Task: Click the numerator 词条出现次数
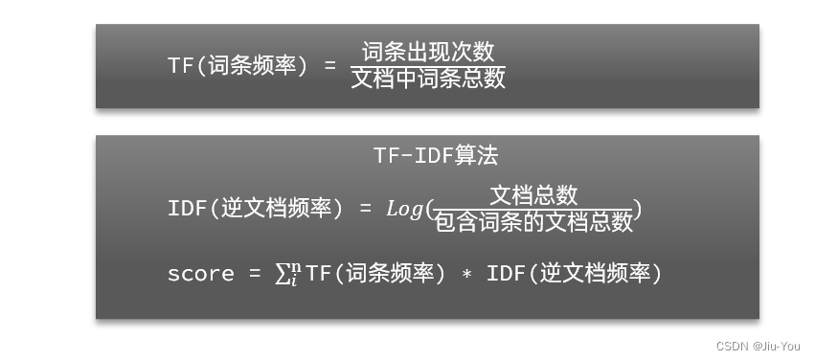(x=428, y=51)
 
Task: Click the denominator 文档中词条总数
(x=428, y=79)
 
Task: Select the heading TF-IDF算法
(x=436, y=155)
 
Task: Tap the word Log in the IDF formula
(x=404, y=209)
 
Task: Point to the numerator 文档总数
(x=533, y=195)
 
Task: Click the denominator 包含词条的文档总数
(x=533, y=223)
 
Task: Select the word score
(x=200, y=274)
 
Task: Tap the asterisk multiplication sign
(x=466, y=275)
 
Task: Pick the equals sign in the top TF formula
(x=330, y=66)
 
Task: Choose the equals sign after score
(x=255, y=275)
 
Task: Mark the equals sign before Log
(x=365, y=209)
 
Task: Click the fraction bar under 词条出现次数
(x=428, y=64)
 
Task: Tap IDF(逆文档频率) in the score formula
(x=575, y=275)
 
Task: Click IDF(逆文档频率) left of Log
(x=255, y=209)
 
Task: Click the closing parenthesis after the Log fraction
(x=638, y=210)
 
